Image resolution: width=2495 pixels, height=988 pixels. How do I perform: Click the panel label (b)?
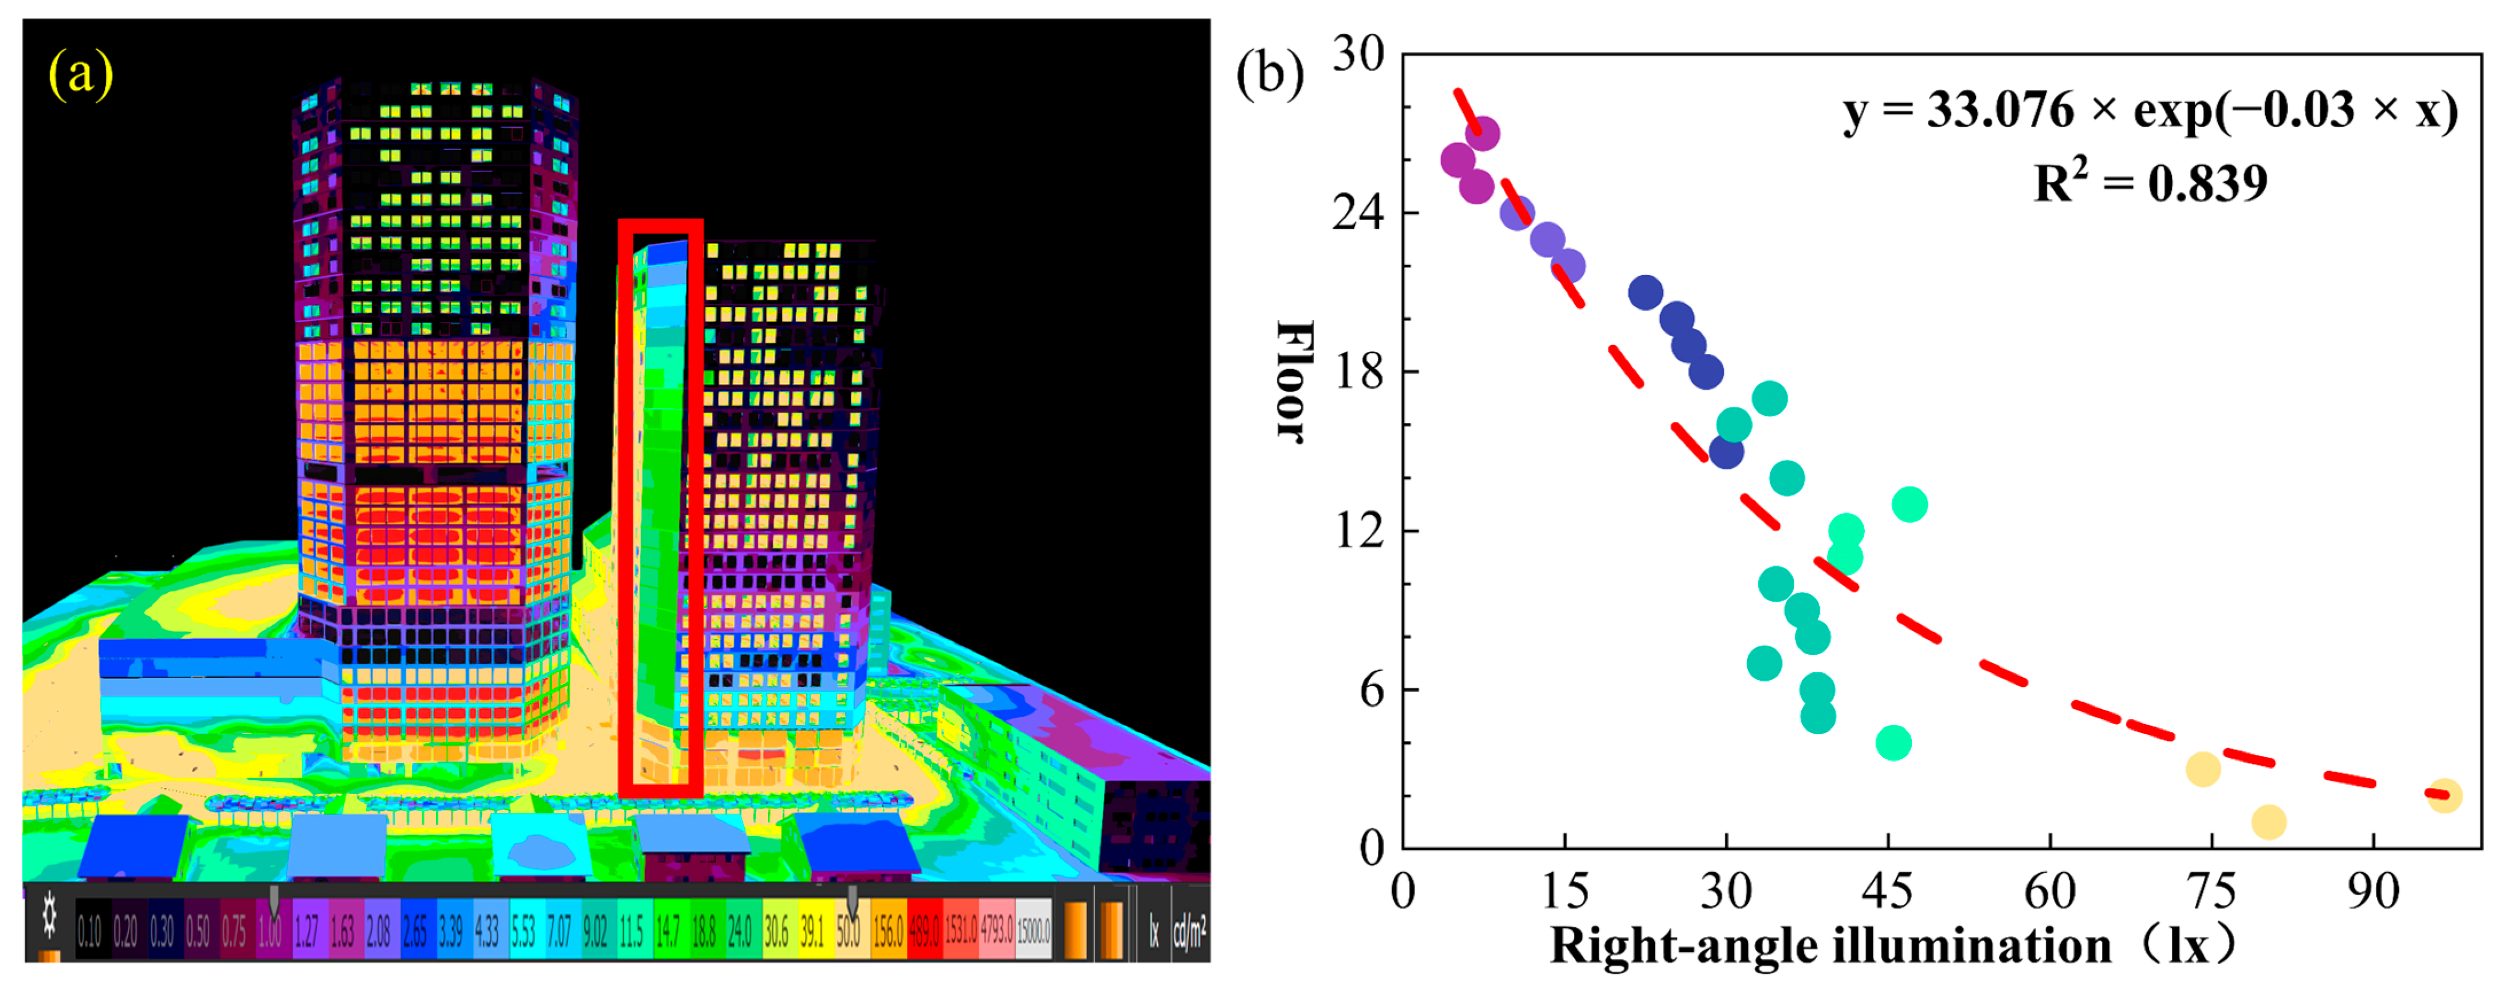pyautogui.click(x=1270, y=73)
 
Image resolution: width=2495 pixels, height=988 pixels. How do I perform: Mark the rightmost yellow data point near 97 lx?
pyautogui.click(x=2445, y=795)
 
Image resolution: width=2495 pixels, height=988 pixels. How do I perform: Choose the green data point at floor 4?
pyautogui.click(x=1892, y=743)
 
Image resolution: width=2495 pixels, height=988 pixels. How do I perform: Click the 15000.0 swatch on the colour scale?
pyautogui.click(x=1032, y=932)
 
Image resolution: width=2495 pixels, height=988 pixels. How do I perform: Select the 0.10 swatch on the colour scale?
pyautogui.click(x=89, y=932)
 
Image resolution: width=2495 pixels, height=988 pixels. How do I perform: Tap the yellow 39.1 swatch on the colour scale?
pyautogui.click(x=812, y=932)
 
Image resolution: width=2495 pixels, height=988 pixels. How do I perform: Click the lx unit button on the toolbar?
pyautogui.click(x=1154, y=932)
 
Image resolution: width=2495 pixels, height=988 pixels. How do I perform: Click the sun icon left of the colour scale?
pyautogui.click(x=49, y=915)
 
